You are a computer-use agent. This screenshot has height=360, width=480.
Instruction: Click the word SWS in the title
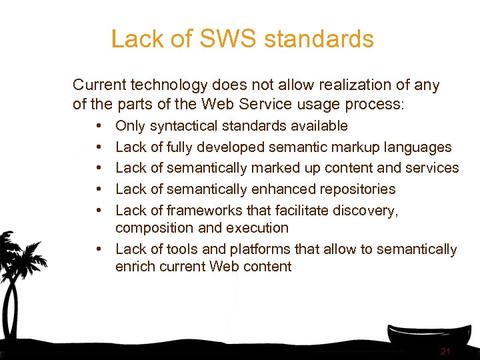pyautogui.click(x=222, y=39)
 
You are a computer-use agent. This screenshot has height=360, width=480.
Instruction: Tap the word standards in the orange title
pyautogui.click(x=319, y=39)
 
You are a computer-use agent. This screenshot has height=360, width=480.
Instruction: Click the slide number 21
pyautogui.click(x=445, y=351)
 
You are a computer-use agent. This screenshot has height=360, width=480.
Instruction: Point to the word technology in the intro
pyautogui.click(x=169, y=85)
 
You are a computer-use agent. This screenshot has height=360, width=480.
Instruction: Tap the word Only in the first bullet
pyautogui.click(x=131, y=126)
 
